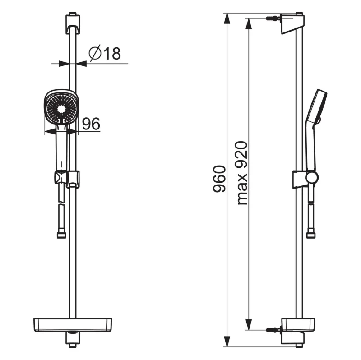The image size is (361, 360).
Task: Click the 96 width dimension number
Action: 91,124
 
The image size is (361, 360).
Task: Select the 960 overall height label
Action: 219,179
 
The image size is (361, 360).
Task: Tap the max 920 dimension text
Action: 241,173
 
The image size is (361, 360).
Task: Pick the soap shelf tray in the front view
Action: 73,325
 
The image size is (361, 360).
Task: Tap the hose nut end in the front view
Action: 61,235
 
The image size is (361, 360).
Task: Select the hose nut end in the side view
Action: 311,235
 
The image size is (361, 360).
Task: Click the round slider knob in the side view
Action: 312,177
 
